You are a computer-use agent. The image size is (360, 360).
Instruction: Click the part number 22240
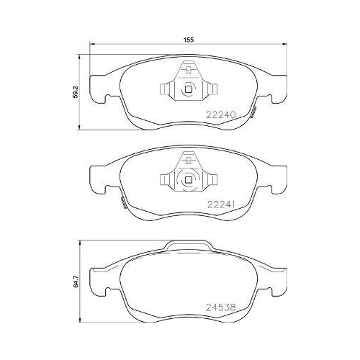pos(223,114)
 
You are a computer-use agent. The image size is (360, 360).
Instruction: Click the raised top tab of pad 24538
pos(189,247)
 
